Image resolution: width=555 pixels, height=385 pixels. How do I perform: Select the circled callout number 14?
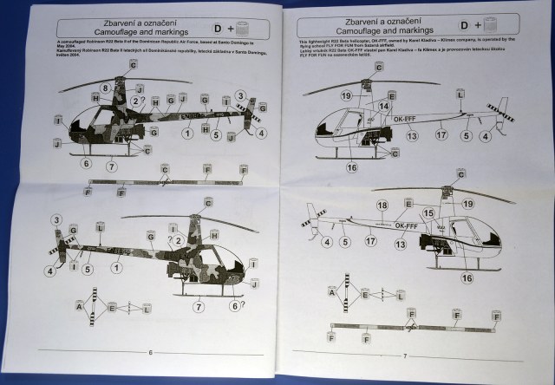383,105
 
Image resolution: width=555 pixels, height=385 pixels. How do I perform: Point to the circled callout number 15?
428,213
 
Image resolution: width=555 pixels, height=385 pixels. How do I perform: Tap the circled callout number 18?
382,206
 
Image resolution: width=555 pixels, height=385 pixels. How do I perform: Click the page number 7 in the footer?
405,355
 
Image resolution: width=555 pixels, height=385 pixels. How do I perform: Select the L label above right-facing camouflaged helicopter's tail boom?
100,226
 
